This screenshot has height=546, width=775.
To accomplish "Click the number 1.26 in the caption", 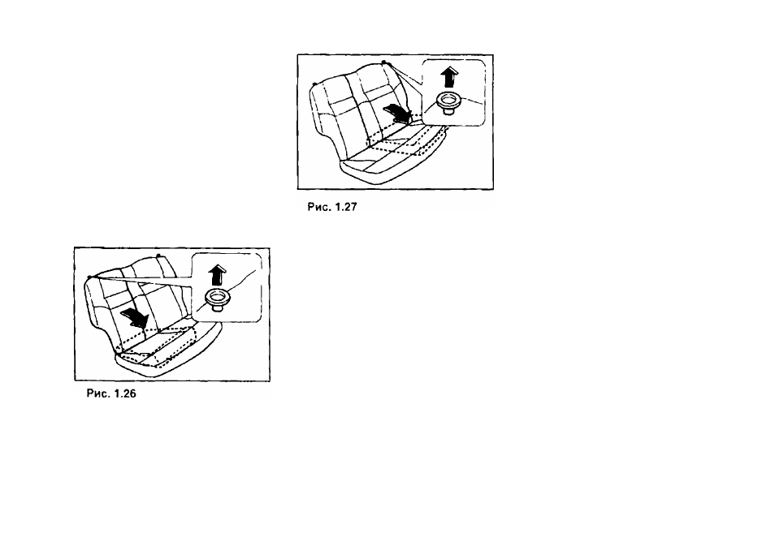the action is pos(125,393).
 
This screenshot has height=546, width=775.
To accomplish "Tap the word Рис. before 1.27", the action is pos(318,207).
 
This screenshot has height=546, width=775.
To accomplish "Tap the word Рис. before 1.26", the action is pos(97,393).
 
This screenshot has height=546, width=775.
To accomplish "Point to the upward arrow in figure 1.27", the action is pos(449,78).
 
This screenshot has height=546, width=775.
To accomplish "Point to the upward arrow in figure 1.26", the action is pos(216,275).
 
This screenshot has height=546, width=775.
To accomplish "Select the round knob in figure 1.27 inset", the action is pos(448,101).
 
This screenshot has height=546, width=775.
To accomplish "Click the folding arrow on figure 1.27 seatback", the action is pos(398,113).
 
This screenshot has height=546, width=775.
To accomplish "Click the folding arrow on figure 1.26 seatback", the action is pos(134,317).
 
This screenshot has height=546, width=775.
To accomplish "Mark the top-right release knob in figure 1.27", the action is pos(383,62).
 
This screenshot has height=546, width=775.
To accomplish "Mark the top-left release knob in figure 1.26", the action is pos(89,277).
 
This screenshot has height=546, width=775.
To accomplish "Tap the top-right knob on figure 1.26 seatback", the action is pos(158,256).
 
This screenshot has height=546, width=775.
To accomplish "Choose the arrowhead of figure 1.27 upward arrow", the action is pos(449,71).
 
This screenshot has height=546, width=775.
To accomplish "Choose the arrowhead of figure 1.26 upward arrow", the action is pos(216,269).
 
